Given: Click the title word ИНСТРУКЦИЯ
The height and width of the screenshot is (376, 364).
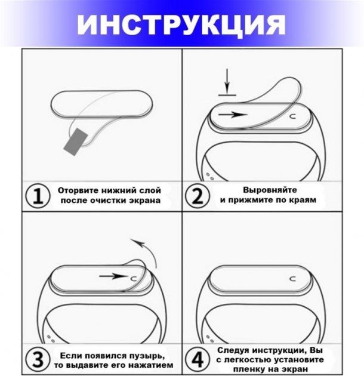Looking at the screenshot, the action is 181,24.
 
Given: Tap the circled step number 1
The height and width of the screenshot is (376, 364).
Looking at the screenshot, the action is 38,196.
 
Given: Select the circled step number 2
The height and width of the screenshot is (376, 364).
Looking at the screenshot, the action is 198,196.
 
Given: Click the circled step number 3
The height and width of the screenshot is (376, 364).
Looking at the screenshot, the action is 38,360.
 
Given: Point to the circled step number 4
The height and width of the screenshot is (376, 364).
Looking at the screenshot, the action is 198,360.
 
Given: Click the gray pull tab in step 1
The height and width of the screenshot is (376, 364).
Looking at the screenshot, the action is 75,141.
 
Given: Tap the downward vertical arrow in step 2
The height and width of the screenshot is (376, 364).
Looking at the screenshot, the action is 227,80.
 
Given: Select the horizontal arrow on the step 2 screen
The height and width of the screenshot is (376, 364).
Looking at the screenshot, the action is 233,115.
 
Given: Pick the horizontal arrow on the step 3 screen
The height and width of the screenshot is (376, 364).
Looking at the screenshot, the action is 113,276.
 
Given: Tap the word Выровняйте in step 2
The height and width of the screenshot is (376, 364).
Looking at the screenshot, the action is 270,190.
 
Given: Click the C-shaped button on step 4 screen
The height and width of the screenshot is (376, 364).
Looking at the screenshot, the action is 293,279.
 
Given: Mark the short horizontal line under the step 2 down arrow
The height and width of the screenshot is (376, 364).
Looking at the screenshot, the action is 227,95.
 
